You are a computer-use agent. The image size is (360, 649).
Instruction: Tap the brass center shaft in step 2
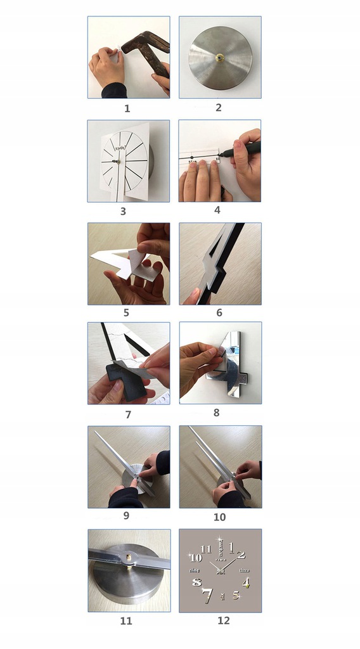click(x=219, y=58)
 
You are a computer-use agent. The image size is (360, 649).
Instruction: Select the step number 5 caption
click(x=126, y=312)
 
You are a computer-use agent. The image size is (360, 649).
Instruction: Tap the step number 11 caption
click(x=126, y=620)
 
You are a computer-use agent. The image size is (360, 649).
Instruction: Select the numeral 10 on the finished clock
click(x=196, y=558)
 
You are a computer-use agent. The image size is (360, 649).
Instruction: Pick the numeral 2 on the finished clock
click(x=241, y=555)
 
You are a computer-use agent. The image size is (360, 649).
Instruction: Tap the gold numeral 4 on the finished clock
click(x=246, y=582)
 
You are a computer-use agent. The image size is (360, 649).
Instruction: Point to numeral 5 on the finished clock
click(x=236, y=595)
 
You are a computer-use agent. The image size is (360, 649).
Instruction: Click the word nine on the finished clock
click(x=196, y=571)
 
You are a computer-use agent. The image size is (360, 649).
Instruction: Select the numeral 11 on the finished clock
click(x=205, y=548)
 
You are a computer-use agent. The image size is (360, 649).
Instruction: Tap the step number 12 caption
click(x=223, y=620)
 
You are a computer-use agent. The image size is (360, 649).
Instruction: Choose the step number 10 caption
click(x=219, y=517)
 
